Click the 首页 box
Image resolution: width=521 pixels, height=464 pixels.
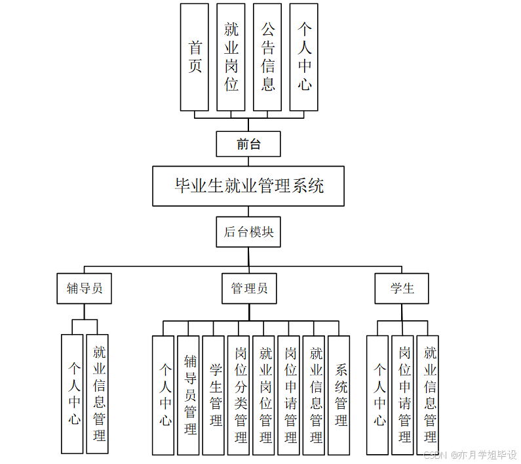pos(195,57)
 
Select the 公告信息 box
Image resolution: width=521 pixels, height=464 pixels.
pos(267,57)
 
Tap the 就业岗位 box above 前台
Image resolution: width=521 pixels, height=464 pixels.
pos(231,57)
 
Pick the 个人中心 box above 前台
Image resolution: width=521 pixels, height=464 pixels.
pos(304,57)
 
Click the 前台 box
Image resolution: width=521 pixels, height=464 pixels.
pos(248,144)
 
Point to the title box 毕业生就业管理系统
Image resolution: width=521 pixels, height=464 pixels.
pos(248,186)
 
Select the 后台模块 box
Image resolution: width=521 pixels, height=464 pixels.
pos(248,232)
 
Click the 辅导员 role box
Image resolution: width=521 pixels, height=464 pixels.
pos(84,289)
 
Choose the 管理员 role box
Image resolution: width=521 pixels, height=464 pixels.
pos(249,289)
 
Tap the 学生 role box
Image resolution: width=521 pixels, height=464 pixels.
pos(402,289)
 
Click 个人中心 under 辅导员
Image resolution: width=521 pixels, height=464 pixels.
pos(73,394)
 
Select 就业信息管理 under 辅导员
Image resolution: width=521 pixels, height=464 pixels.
pos(98,394)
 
